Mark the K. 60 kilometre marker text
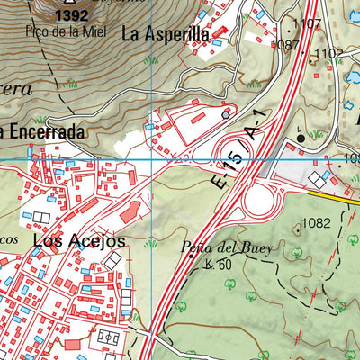[218, 264]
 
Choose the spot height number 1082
[318, 222]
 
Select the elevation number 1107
[306, 24]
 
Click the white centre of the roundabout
[257, 198]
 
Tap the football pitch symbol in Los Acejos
[109, 337]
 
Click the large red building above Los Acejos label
[130, 212]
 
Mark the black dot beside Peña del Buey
[191, 257]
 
